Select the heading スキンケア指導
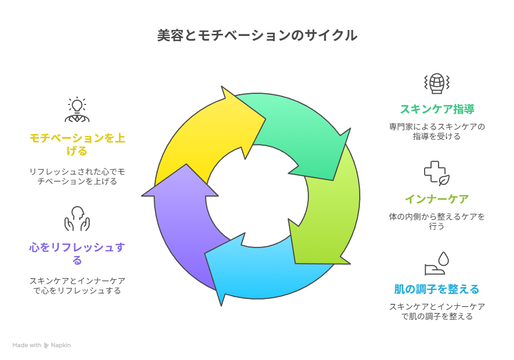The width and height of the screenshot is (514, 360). tap(437, 109)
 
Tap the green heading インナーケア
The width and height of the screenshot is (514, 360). tap(437, 199)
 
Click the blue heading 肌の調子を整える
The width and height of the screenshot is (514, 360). tap(437, 289)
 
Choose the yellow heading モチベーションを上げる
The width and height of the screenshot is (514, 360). tap(77, 145)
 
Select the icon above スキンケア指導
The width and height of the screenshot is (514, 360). tap(437, 83)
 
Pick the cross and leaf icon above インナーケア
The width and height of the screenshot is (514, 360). tap(437, 173)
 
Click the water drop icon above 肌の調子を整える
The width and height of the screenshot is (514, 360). tap(437, 263)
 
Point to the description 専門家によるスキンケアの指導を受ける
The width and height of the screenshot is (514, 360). tap(437, 132)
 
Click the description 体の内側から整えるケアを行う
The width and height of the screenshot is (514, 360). tap(437, 222)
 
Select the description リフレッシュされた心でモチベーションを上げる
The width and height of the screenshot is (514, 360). tap(77, 176)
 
